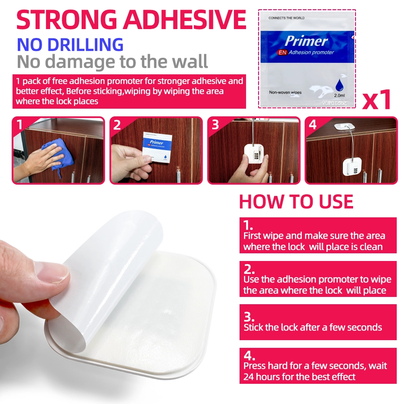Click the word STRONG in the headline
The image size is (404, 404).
67,20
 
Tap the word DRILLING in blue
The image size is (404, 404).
86,44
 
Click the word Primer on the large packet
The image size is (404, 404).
306,41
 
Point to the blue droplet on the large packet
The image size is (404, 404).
339,85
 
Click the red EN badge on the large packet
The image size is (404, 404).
282,52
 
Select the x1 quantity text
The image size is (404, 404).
377,100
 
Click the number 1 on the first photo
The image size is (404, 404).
19,125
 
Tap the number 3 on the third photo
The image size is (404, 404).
215,125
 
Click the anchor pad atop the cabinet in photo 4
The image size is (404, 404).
344,126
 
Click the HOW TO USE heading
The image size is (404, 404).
296,202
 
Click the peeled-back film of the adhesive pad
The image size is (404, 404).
114,278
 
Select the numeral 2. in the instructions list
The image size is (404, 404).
249,269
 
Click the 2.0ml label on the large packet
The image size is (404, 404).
339,95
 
